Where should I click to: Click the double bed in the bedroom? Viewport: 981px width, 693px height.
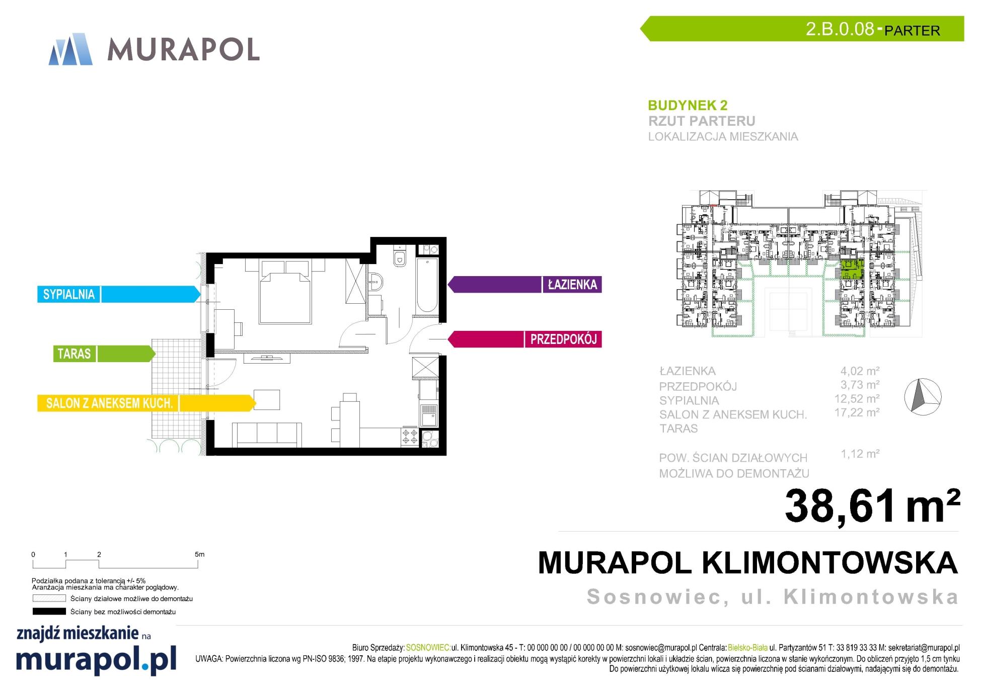point(285,291)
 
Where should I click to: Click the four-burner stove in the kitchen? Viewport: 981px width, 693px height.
point(410,437)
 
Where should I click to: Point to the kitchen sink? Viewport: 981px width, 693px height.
point(429,415)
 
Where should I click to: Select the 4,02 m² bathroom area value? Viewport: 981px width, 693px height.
point(860,371)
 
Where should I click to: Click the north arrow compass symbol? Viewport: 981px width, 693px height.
point(923,397)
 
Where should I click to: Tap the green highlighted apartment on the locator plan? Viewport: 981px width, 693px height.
point(852,270)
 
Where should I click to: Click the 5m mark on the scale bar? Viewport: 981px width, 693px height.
point(199,555)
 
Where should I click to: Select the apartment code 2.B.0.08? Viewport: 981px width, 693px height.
point(840,29)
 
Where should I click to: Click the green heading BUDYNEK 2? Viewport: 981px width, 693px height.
point(688,106)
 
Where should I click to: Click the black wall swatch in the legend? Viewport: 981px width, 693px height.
point(49,612)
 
